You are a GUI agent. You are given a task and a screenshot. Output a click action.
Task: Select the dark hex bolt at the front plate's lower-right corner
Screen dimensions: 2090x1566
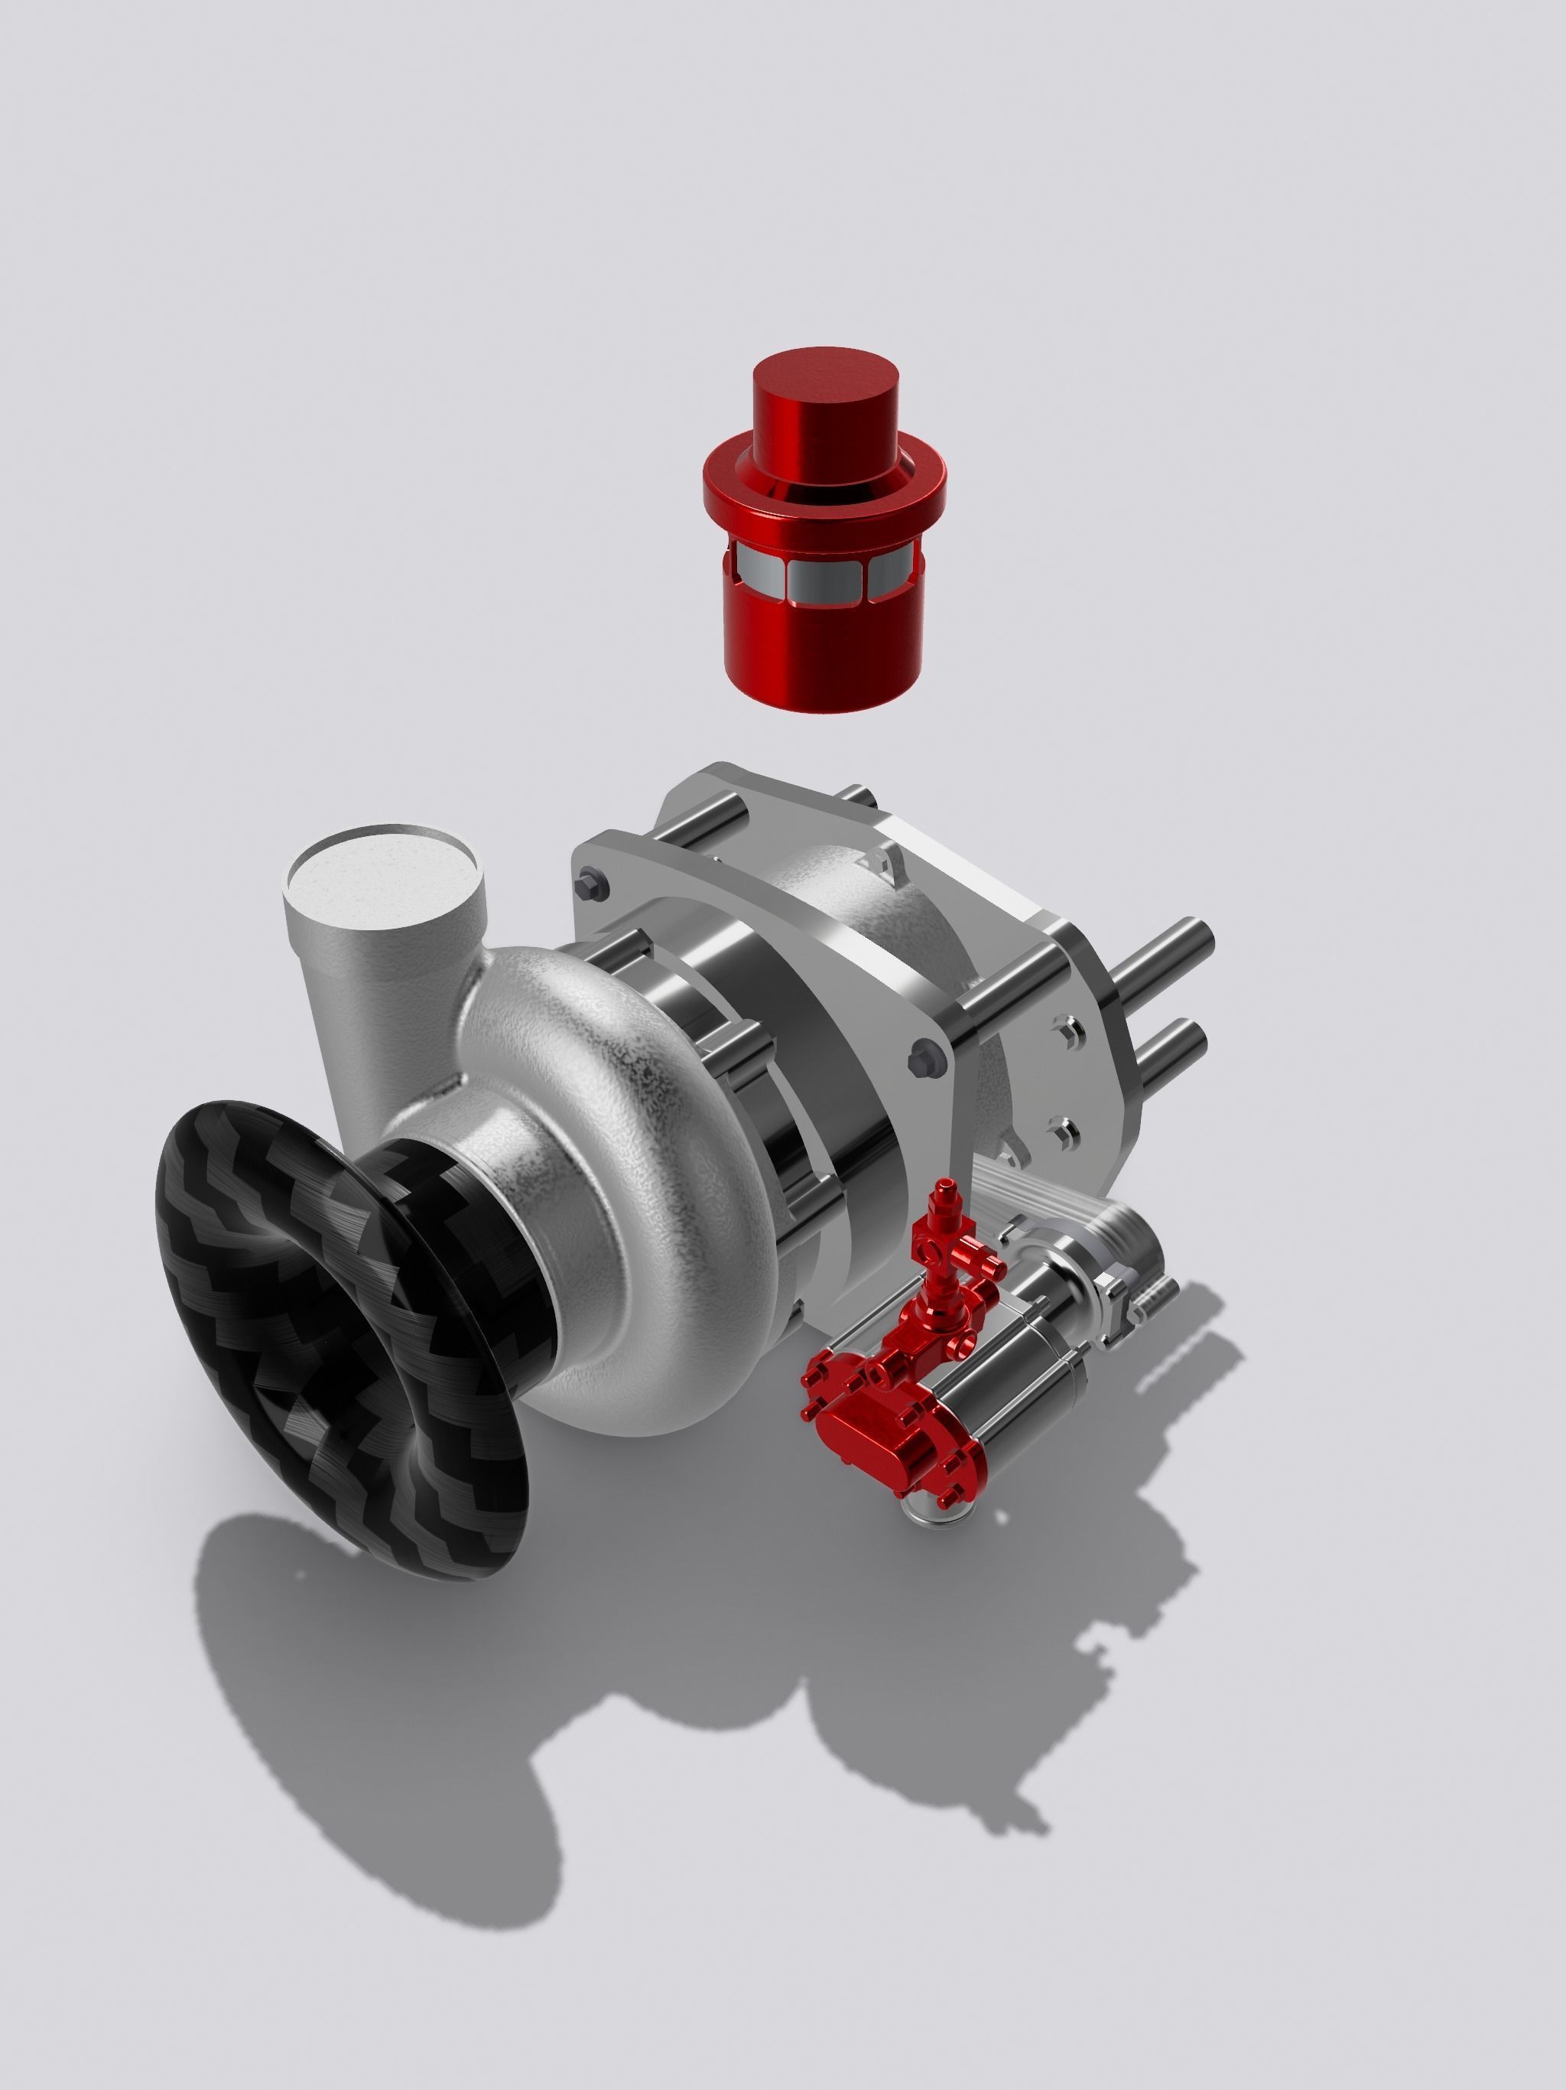928,1060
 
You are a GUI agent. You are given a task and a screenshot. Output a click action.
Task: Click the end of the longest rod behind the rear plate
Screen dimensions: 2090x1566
1200,940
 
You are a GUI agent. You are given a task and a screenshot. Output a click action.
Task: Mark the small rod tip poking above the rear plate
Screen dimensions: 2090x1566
856,796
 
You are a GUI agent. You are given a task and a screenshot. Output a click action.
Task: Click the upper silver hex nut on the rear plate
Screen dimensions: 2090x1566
1069,1030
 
